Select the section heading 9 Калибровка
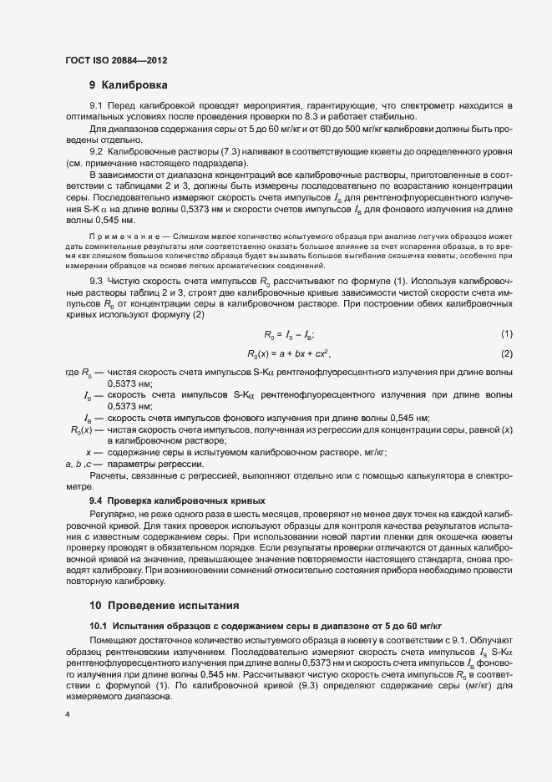click(x=129, y=85)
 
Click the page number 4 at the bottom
click(x=67, y=716)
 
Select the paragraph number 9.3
click(x=96, y=282)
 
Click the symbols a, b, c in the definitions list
click(x=84, y=464)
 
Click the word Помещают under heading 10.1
click(x=114, y=637)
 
